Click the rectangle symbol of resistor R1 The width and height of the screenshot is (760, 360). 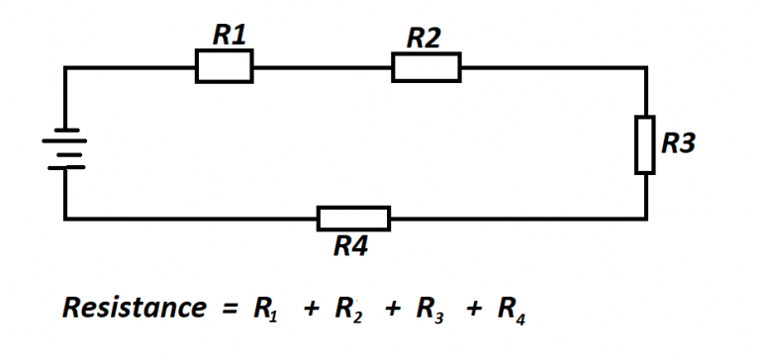[x=224, y=66]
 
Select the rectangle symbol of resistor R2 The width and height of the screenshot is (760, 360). [x=426, y=67]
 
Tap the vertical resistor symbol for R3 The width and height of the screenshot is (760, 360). [x=644, y=144]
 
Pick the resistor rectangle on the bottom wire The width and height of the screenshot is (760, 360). [x=353, y=218]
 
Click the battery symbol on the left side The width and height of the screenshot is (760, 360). [x=64, y=148]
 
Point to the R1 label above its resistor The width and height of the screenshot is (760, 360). [x=230, y=37]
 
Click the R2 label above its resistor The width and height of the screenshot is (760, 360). [x=424, y=39]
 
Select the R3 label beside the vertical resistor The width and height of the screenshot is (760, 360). [x=679, y=143]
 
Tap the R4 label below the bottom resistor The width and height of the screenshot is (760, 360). [x=350, y=246]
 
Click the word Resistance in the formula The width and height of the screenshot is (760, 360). [x=134, y=308]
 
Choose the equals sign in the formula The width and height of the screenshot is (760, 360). [x=229, y=309]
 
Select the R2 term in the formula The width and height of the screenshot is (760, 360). [x=347, y=310]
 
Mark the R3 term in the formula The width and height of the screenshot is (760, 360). [x=429, y=310]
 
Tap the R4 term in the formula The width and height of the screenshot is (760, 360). [x=511, y=310]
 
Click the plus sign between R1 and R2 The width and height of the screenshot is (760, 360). [x=311, y=310]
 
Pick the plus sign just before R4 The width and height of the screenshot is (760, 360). [x=474, y=310]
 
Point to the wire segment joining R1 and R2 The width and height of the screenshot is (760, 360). [x=322, y=67]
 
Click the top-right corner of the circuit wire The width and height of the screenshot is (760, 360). [x=646, y=67]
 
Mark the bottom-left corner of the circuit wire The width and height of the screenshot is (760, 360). [x=65, y=218]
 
